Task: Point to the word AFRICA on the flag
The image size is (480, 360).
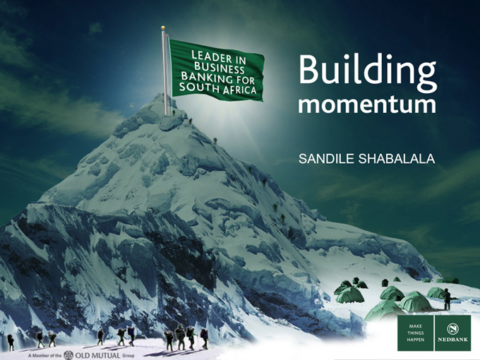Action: [x=240, y=90]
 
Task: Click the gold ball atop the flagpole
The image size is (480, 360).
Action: [x=163, y=28]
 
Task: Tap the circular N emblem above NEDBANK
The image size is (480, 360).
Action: [x=452, y=328]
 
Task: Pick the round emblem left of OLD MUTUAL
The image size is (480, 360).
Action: [x=68, y=354]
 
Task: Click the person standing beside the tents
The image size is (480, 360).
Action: [x=447, y=299]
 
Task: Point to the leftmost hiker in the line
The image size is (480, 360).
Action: [x=11, y=342]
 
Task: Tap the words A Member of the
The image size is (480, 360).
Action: [x=44, y=355]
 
